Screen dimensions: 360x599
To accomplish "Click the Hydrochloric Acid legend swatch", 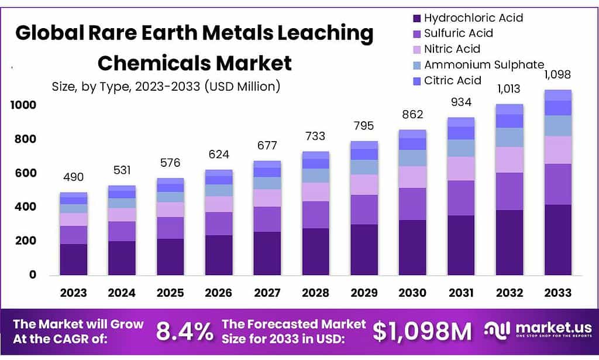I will click(416, 18).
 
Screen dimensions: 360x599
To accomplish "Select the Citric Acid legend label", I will click(452, 80).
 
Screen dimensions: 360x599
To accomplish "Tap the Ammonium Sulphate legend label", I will click(484, 64).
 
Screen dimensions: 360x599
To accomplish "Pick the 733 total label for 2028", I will click(316, 136).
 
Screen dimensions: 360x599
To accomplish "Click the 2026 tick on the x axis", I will click(219, 293).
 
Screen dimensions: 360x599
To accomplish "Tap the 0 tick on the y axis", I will click(33, 275).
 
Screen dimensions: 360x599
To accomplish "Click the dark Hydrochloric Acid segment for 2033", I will click(558, 240).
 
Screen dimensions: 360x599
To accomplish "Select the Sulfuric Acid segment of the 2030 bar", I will click(413, 204).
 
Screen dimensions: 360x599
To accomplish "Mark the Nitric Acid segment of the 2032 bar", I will click(510, 160).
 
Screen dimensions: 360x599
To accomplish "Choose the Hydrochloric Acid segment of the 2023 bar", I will click(73, 259).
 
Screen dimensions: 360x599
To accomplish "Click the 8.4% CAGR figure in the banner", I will click(185, 332).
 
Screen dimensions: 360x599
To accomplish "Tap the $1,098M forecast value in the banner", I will click(422, 332).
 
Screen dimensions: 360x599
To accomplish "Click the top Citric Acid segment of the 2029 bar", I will click(364, 145).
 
